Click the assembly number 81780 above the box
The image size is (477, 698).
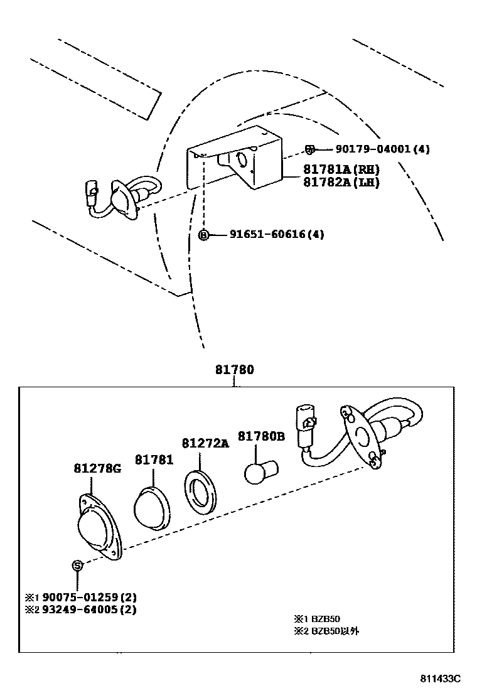(x=235, y=370)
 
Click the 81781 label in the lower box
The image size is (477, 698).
(x=153, y=460)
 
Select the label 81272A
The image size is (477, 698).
(x=205, y=443)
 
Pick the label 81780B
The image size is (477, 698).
(x=261, y=436)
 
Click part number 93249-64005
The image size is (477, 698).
(x=80, y=609)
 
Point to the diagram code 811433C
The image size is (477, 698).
(x=441, y=679)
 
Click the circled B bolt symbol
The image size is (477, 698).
(x=203, y=235)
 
